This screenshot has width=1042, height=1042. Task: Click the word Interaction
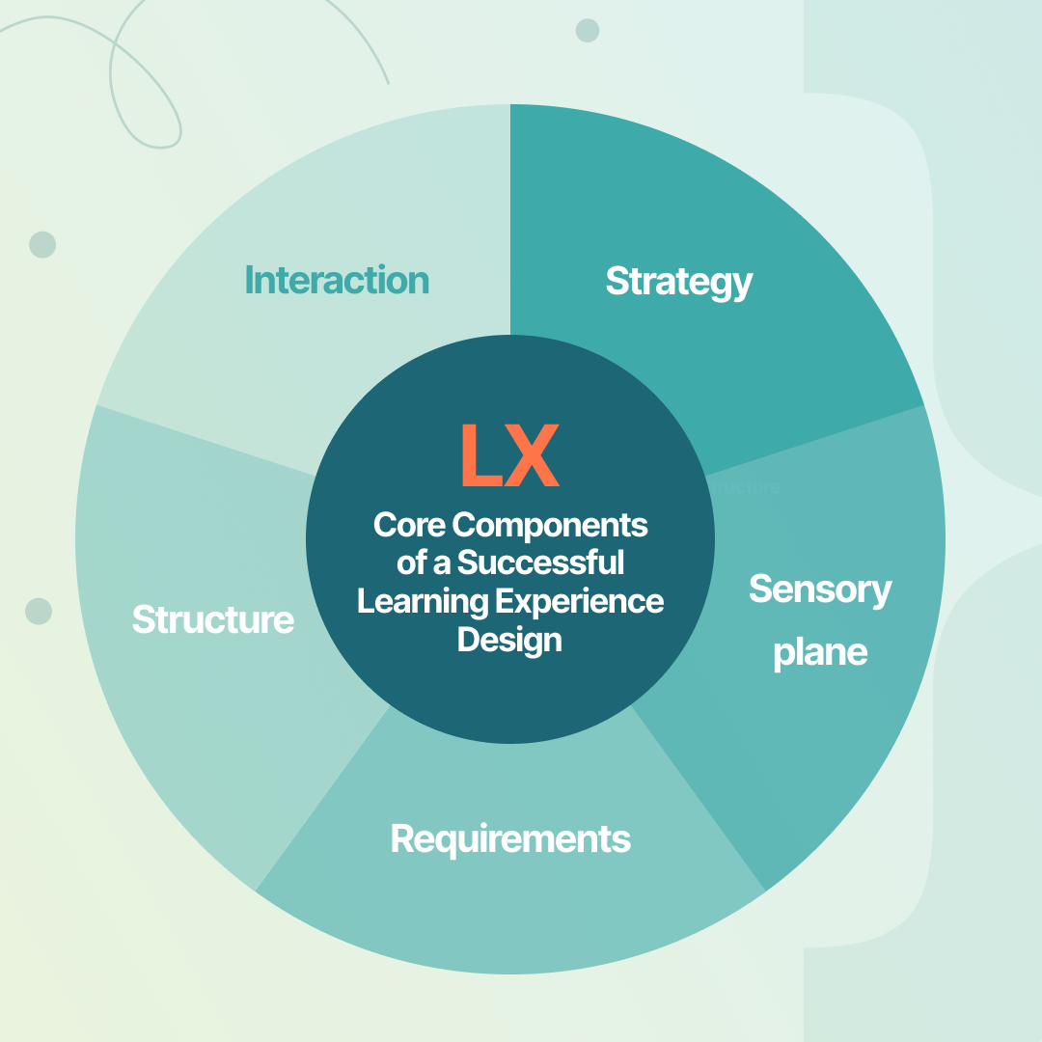[x=337, y=280]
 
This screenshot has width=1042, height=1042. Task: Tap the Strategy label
[x=678, y=281]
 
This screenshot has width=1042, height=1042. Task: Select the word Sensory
[x=820, y=589]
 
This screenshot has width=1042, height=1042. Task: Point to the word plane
[x=820, y=653]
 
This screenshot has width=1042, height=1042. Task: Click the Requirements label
[x=510, y=838]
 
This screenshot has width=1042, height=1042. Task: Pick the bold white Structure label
[x=212, y=619]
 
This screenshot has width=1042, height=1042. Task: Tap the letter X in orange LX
[x=534, y=456]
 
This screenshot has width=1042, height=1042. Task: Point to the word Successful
[x=540, y=562]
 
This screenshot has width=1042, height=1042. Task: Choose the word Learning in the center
[x=422, y=601]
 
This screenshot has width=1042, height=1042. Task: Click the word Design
[x=509, y=639]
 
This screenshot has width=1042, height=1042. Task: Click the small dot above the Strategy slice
[x=587, y=31]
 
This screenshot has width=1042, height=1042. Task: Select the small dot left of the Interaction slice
[x=42, y=244]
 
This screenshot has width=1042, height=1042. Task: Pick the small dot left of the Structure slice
[x=39, y=611]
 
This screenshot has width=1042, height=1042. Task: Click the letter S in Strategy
[x=616, y=281]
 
